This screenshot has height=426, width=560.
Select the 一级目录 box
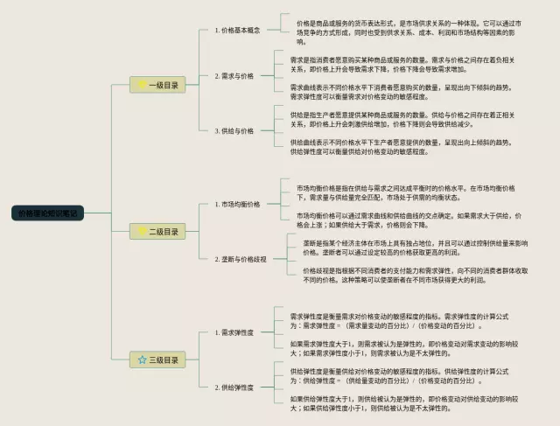tap(156, 85)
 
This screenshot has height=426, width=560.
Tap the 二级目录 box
tap(156, 232)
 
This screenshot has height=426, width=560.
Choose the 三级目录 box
tap(156, 360)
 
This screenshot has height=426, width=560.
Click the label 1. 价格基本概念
tap(238, 30)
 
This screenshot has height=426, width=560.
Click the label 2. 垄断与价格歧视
tap(241, 259)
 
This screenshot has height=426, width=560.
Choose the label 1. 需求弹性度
tap(234, 332)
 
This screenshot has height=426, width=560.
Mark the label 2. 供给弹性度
tap(234, 387)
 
